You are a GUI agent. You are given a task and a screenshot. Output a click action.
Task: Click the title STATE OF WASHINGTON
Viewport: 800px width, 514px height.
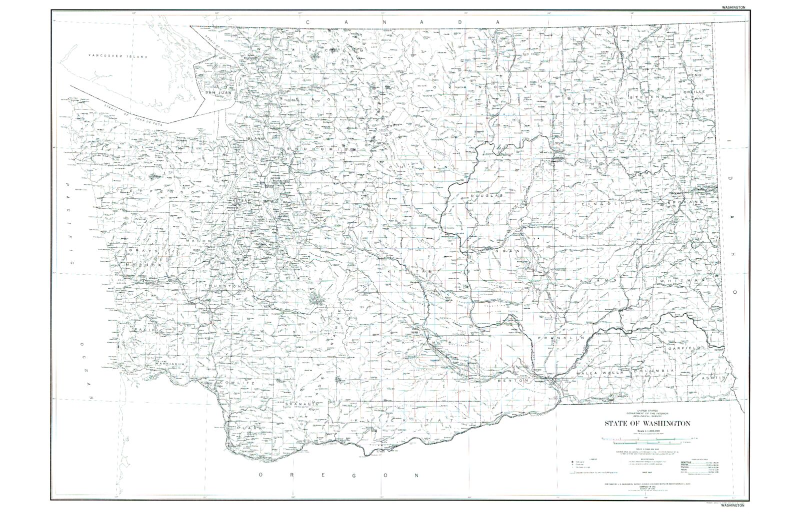coord(647,423)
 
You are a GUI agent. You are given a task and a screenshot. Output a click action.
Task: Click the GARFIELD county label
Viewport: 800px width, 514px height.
coord(686,347)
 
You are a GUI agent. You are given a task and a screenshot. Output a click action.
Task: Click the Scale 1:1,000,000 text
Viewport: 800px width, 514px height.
coord(647,431)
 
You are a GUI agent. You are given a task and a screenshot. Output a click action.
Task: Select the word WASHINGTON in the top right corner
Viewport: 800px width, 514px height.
coord(733,7)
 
